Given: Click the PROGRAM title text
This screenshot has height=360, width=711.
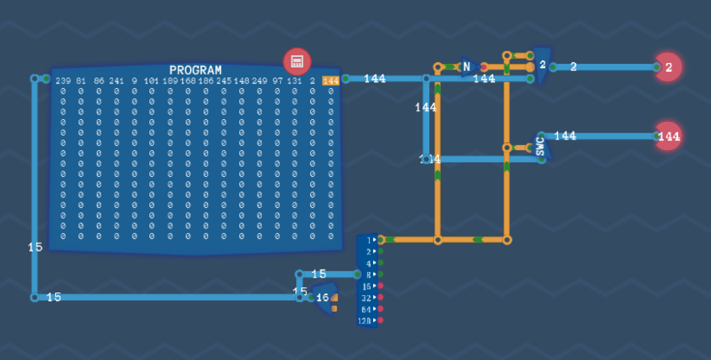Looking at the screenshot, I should click(x=196, y=70).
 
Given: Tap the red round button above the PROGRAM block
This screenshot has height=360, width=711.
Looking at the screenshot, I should click(x=297, y=61).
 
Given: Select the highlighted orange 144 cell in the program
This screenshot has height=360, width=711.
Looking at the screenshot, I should click(x=331, y=81).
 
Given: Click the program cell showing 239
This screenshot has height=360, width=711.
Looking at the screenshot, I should click(x=62, y=81).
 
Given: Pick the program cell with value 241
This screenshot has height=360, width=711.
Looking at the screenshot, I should click(x=116, y=81).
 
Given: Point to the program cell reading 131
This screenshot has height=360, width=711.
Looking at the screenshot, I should click(x=294, y=81).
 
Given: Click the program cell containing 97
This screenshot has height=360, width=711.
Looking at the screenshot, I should click(x=277, y=81).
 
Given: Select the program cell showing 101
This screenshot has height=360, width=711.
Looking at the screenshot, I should click(x=152, y=81).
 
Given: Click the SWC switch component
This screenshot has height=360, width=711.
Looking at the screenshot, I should click(x=541, y=146).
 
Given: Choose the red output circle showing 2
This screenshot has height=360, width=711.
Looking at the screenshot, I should click(x=668, y=67).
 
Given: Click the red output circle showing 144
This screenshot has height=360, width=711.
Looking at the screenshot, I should click(x=668, y=136).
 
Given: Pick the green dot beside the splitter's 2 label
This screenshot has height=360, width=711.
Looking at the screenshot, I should click(x=380, y=252).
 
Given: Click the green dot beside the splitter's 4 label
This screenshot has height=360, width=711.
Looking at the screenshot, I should click(x=380, y=263).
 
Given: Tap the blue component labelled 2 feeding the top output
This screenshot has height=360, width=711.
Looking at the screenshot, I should click(x=541, y=65).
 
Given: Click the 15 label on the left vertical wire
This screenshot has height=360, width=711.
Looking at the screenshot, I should click(x=35, y=247).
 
